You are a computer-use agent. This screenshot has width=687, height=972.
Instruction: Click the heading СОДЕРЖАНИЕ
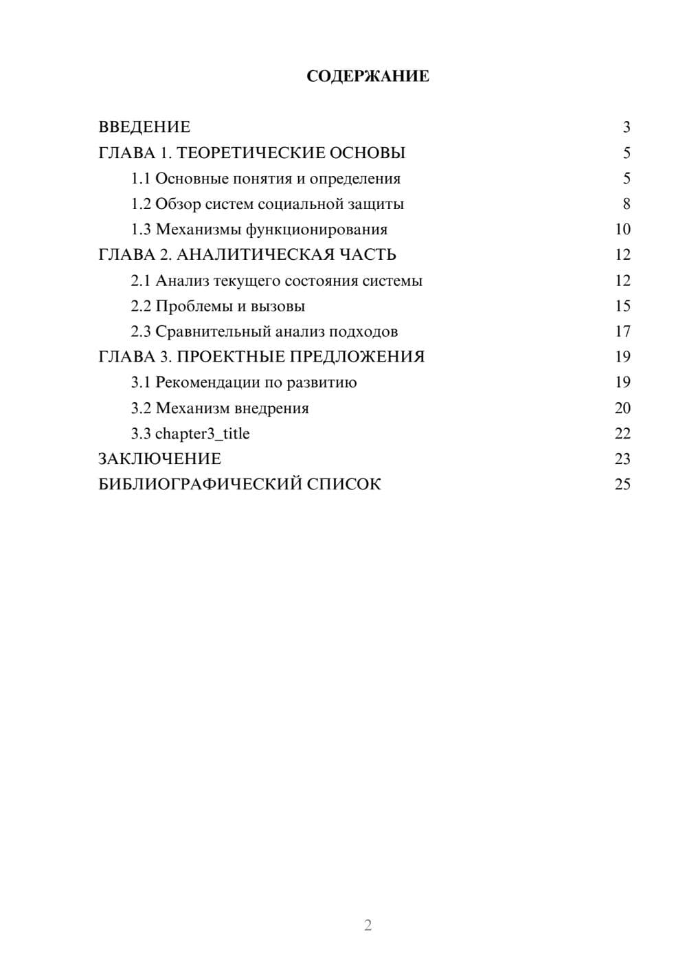coord(368,76)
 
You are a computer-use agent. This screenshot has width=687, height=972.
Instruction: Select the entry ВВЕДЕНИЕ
coord(144,127)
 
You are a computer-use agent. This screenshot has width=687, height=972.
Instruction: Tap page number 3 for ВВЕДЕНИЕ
coord(626,127)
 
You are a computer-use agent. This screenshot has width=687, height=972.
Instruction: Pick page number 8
coord(626,204)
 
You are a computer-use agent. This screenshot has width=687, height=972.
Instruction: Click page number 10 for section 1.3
coord(622,230)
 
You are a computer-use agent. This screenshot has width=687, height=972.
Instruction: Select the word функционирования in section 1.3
coord(317,230)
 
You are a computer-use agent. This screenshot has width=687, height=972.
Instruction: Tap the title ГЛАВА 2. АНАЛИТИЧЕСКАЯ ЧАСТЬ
coord(247,255)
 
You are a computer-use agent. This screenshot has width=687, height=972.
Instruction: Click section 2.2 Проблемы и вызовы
coord(218,306)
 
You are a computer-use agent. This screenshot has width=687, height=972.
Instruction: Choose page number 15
coord(622,306)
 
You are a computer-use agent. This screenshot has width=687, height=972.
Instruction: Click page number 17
coord(622,332)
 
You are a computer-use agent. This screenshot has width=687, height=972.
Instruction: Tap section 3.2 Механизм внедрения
coord(220,408)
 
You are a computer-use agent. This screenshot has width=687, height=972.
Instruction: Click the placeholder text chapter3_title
coord(202,434)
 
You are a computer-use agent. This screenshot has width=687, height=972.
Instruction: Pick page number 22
coord(622,434)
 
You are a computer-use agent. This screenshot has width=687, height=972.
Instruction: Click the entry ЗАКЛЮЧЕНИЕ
coord(159,459)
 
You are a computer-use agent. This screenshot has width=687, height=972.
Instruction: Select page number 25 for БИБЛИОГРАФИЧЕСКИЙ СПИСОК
coord(622,485)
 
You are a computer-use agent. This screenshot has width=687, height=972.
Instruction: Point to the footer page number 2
coord(368,925)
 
